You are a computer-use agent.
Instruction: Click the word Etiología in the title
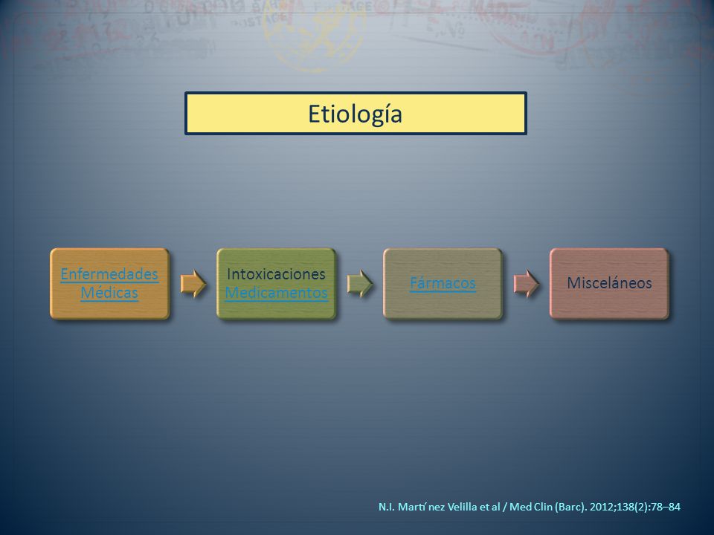coord(356,114)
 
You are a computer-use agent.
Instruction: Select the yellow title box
coord(356,113)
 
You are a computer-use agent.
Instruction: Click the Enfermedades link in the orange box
coord(109,274)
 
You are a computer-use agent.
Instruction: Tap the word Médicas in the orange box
coord(109,293)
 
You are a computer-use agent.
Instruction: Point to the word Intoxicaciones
coord(276,274)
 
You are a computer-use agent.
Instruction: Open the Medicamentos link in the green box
coord(277,293)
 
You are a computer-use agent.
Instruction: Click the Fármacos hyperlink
coord(443,283)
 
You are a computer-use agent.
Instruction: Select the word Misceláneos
coord(609,283)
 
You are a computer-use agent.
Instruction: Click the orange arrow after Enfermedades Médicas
coord(193,283)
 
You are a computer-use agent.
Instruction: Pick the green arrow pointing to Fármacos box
coord(360,283)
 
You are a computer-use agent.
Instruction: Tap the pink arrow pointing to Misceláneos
coord(527,283)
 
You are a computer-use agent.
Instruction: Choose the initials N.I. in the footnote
coord(387,507)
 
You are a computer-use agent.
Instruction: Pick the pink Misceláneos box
coord(609,283)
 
